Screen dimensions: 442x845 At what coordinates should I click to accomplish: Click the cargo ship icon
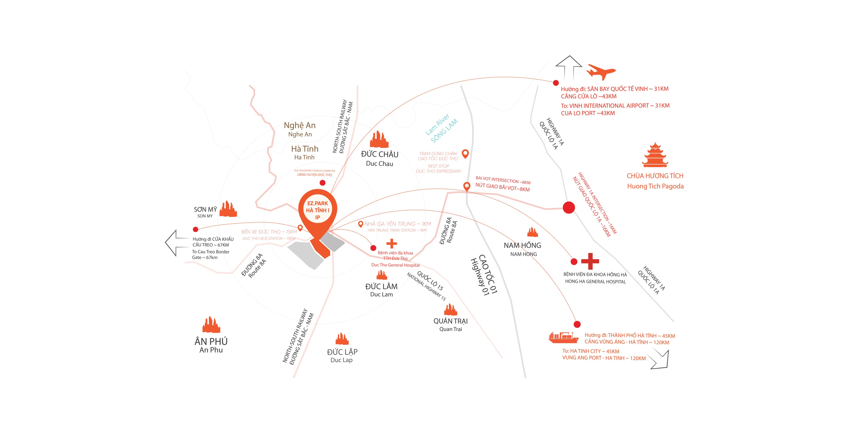pyautogui.click(x=564, y=337)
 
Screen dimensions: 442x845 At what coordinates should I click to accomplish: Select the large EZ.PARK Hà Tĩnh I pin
pyautogui.click(x=318, y=211)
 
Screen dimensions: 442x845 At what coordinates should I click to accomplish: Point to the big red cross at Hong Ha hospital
pyautogui.click(x=590, y=261)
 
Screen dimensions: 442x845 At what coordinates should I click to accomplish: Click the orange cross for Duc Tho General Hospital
pyautogui.click(x=391, y=244)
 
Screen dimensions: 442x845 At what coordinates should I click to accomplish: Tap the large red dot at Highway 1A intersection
pyautogui.click(x=569, y=207)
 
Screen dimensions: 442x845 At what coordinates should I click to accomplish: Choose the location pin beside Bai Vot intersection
pyautogui.click(x=467, y=186)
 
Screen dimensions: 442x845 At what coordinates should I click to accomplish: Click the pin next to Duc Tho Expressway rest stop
pyautogui.click(x=465, y=153)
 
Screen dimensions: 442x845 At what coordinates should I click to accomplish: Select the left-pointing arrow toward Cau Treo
pyautogui.click(x=176, y=243)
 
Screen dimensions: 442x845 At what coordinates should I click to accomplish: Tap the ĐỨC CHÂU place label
pyautogui.click(x=380, y=154)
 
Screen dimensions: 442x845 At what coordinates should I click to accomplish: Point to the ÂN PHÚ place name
pyautogui.click(x=211, y=341)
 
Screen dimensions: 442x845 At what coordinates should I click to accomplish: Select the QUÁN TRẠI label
pyautogui.click(x=450, y=321)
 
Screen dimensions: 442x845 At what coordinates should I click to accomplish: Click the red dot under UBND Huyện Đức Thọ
pyautogui.click(x=322, y=183)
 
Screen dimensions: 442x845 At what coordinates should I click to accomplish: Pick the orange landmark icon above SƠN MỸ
pyautogui.click(x=228, y=209)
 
